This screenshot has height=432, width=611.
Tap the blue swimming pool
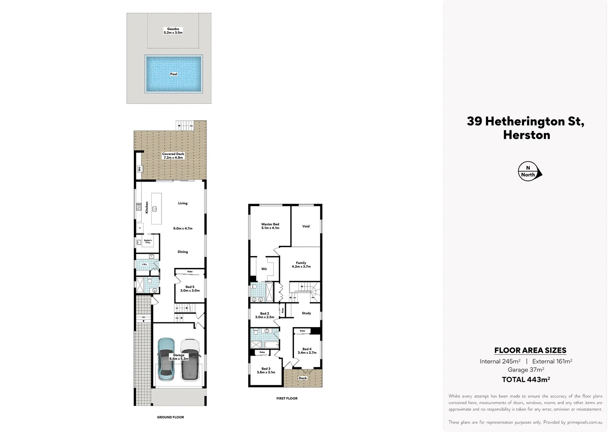pos(174,74)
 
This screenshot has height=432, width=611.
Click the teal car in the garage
pos(166,360)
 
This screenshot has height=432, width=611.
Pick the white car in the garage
pos(190,360)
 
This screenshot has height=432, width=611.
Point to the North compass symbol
pos(529,172)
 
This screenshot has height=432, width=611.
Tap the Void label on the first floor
pos(306,226)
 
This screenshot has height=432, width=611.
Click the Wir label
pos(264,269)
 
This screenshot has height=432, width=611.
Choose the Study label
pos(306,313)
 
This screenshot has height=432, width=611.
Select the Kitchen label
pos(147,207)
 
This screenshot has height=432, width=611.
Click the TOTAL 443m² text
pos(526,380)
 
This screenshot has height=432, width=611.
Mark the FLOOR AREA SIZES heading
pos(530,350)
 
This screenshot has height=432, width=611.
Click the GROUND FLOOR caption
pos(170,417)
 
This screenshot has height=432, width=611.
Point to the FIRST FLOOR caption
pos(287,398)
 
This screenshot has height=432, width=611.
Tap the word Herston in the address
pos(526,135)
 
